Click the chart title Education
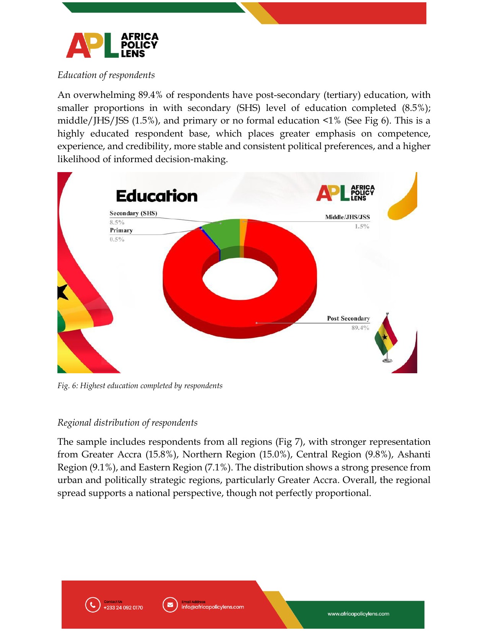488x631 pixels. (157, 196)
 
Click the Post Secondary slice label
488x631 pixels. (348, 319)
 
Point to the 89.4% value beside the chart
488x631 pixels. (360, 328)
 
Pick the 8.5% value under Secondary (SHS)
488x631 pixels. (117, 222)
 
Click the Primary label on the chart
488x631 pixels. (121, 230)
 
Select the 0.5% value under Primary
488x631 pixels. (117, 239)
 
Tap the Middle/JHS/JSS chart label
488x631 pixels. (347, 217)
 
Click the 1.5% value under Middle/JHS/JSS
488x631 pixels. (362, 226)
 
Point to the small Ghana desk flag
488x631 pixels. (386, 337)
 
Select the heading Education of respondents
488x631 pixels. (106, 75)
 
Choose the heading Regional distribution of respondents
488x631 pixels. (127, 423)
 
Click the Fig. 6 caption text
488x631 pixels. (140, 385)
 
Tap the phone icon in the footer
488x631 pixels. (92, 605)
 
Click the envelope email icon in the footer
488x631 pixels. (170, 605)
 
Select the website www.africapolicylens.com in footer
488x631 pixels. (358, 614)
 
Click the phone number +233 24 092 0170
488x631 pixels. (123, 608)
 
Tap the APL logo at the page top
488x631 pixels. (112, 45)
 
